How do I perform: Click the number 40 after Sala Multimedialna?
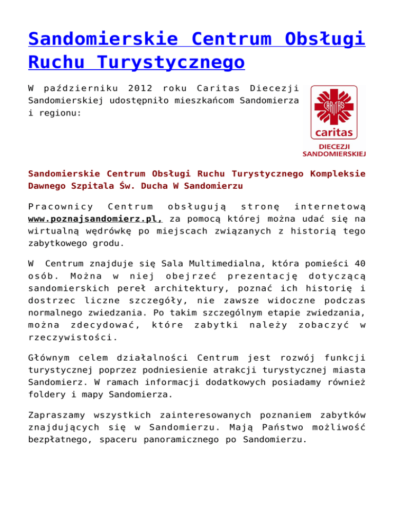(360, 265)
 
